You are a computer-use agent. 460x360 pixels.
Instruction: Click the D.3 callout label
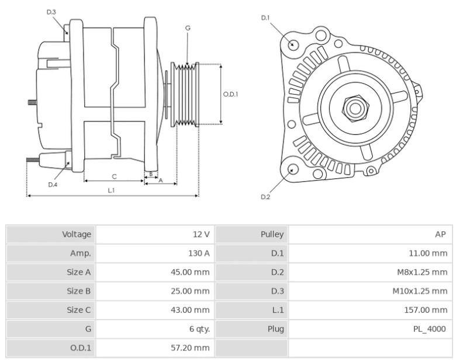click(51, 12)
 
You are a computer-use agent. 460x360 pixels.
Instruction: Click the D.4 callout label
click(53, 185)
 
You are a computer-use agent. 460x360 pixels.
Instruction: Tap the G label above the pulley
click(188, 28)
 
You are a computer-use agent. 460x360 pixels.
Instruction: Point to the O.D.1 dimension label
click(230, 94)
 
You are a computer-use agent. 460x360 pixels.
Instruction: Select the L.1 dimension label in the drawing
click(111, 191)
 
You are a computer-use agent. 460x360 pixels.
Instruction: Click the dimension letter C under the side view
click(114, 176)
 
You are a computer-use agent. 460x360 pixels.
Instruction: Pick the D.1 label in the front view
click(265, 18)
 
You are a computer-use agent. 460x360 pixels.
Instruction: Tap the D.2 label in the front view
click(265, 197)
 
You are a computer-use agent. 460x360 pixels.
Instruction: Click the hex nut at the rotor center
click(355, 108)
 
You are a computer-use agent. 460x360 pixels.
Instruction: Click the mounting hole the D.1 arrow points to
click(292, 44)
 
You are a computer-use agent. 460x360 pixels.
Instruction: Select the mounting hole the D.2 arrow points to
click(292, 169)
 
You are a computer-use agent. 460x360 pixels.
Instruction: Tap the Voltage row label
click(77, 234)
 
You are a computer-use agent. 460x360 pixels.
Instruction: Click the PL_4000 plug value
click(430, 329)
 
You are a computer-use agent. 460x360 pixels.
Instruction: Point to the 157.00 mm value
click(426, 310)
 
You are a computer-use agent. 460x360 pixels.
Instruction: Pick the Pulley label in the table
click(272, 234)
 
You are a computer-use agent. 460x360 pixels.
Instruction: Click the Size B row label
click(79, 291)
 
